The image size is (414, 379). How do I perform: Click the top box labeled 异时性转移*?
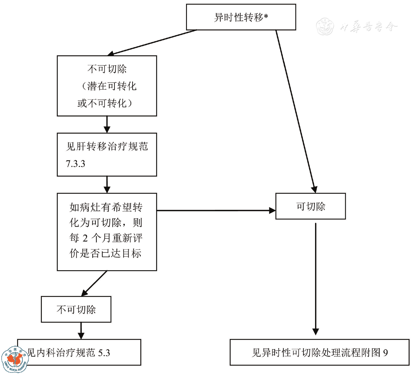pyautogui.click(x=241, y=17)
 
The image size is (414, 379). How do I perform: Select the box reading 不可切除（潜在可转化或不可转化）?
pyautogui.click(x=107, y=86)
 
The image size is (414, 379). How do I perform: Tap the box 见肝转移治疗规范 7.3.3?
pyautogui.click(x=107, y=155)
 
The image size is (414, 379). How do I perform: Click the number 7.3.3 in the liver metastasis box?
pyautogui.click(x=75, y=164)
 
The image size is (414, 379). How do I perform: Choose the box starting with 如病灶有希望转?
pyautogui.click(x=107, y=232)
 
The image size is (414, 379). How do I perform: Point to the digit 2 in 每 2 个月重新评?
pyautogui.click(x=85, y=238)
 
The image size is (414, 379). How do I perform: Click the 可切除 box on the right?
pyautogui.click(x=310, y=206)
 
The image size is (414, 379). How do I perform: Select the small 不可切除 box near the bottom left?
pyautogui.click(x=76, y=309)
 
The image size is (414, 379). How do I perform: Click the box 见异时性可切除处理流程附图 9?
pyautogui.click(x=319, y=352)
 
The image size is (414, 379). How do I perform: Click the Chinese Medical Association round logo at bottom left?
pyautogui.click(x=15, y=360)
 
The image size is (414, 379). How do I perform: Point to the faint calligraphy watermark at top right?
pyautogui.click(x=357, y=27)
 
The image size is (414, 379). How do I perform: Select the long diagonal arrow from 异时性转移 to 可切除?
pyautogui.click(x=295, y=112)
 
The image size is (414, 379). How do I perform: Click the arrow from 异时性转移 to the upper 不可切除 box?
pyautogui.click(x=152, y=42)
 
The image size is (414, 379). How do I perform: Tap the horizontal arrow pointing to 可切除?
pyautogui.click(x=215, y=211)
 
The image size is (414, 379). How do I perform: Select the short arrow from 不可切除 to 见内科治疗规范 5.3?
pyautogui.click(x=81, y=331)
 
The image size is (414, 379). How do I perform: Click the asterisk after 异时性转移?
pyautogui.click(x=266, y=16)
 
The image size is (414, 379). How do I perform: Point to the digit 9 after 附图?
pyautogui.click(x=385, y=353)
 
